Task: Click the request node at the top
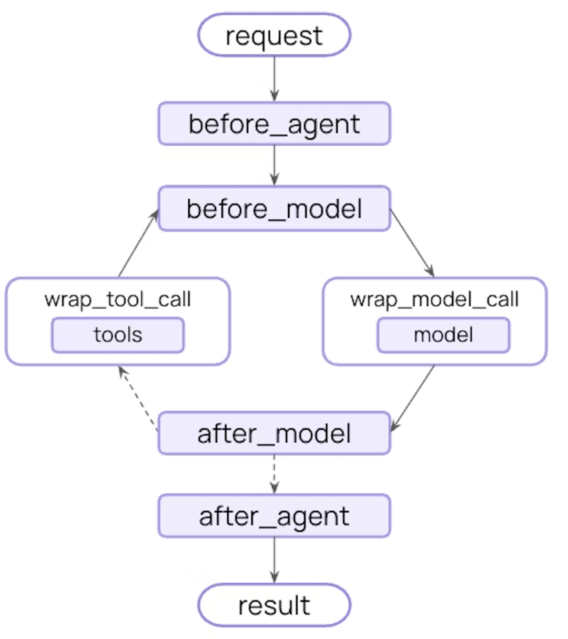coord(274,35)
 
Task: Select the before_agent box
coord(274,124)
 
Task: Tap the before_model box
coord(274,208)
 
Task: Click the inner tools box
coord(118,335)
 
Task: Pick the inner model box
coord(443,335)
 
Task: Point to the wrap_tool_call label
coord(118,299)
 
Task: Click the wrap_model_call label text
coord(434,299)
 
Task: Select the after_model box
coord(274,433)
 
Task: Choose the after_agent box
coord(274,516)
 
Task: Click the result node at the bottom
coord(274,605)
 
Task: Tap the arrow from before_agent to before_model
coord(274,164)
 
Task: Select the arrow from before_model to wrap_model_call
coord(412,242)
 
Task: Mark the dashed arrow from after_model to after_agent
coord(274,473)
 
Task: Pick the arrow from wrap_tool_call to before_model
coord(138,244)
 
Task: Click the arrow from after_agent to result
coord(274,559)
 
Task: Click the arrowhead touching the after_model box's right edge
coord(394,427)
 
